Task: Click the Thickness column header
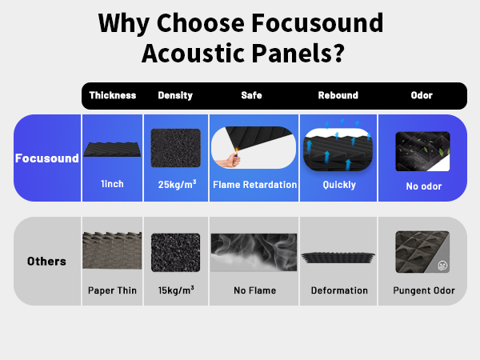[x=112, y=95]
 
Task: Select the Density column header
[x=175, y=95]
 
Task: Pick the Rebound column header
[x=338, y=95]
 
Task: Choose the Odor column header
[x=422, y=95]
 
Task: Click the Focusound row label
[x=47, y=158]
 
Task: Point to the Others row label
[x=47, y=262]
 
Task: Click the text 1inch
[x=112, y=185]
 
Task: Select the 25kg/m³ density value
[x=175, y=185]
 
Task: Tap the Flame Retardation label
[x=253, y=185]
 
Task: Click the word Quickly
[x=338, y=185]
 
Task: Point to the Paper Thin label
[x=112, y=290]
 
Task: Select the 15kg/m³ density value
[x=175, y=290]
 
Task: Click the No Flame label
[x=253, y=290]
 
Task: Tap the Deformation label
[x=339, y=290]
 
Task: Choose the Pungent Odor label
[x=423, y=290]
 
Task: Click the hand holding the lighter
[x=232, y=158]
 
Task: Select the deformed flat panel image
[x=338, y=257]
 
